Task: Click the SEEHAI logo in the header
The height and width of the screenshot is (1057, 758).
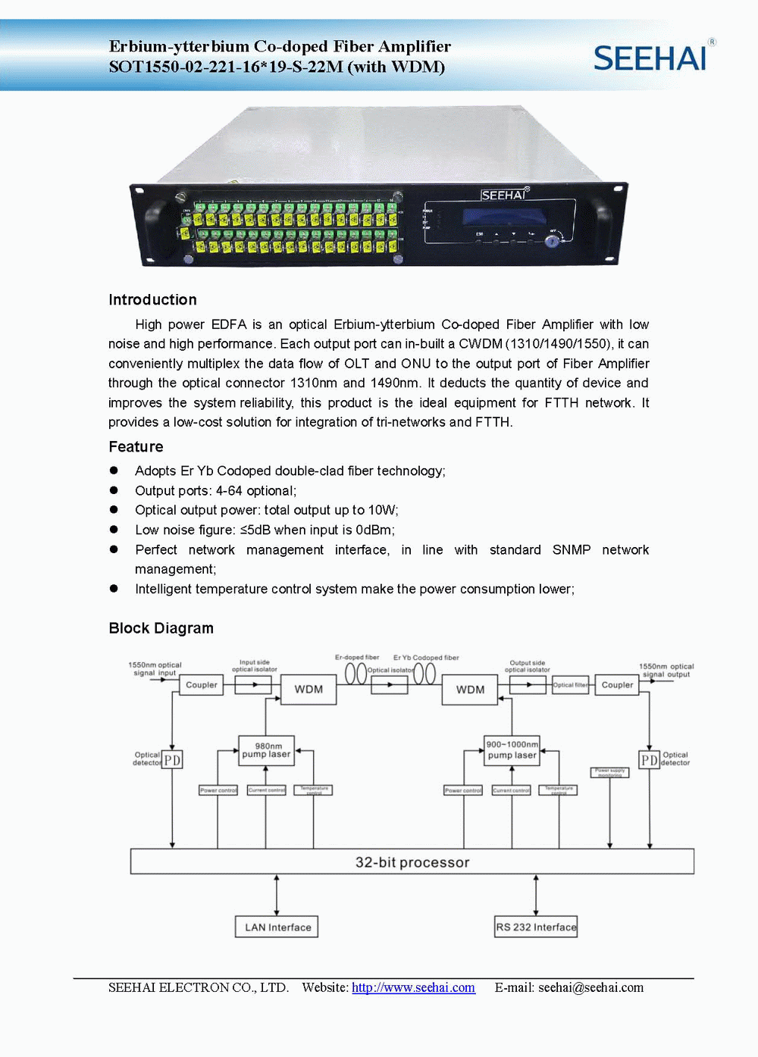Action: tap(650, 58)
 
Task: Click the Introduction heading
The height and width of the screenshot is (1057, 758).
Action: tap(152, 299)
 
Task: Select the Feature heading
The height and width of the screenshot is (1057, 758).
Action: tap(136, 446)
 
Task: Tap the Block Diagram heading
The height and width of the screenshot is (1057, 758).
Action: tap(161, 628)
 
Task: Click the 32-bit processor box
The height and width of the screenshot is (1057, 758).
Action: tap(412, 862)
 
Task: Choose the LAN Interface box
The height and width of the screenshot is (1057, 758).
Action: tap(277, 927)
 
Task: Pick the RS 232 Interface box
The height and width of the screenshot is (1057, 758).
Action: tap(536, 927)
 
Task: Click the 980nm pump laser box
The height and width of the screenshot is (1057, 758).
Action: tap(266, 750)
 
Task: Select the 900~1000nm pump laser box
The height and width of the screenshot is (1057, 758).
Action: tap(512, 750)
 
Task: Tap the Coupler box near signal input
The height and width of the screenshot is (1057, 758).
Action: tap(202, 685)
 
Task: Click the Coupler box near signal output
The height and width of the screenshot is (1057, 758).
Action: tap(617, 685)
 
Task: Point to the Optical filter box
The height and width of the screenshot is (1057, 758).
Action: tap(570, 685)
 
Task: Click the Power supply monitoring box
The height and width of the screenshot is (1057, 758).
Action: tap(609, 772)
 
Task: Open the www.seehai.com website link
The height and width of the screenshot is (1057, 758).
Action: tap(413, 987)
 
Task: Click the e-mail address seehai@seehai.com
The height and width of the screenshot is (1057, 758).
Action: tap(590, 987)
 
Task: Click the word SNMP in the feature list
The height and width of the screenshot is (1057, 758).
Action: tap(572, 549)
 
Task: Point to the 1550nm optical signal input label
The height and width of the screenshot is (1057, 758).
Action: tap(155, 668)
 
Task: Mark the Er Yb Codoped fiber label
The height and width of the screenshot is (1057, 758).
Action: tap(426, 658)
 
